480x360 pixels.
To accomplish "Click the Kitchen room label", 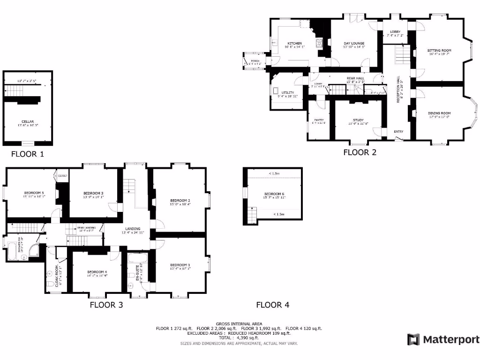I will pyautogui.click(x=295, y=43).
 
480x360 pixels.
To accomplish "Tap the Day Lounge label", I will pyautogui.click(x=354, y=43).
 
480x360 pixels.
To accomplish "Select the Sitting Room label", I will pyautogui.click(x=439, y=50).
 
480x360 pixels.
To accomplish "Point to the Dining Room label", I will pyautogui.click(x=439, y=113).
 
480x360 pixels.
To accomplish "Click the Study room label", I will pyautogui.click(x=358, y=120).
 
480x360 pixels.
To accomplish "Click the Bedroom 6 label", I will pyautogui.click(x=274, y=194).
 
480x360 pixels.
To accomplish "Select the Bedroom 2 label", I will pyautogui.click(x=180, y=201).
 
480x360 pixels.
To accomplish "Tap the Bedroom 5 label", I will pyautogui.click(x=34, y=193).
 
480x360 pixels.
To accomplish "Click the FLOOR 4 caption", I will pyautogui.click(x=272, y=305).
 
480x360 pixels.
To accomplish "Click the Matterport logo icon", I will pyautogui.click(x=413, y=339).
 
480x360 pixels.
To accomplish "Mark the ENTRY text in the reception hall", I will pyautogui.click(x=398, y=132).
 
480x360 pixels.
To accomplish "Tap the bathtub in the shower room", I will pyautogui.click(x=11, y=249).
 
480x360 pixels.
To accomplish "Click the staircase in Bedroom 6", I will pyautogui.click(x=252, y=216).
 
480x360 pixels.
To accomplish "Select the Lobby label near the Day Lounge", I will pyautogui.click(x=395, y=32).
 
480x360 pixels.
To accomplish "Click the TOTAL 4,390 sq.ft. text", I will pyautogui.click(x=239, y=337).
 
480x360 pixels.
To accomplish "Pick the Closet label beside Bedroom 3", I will pyautogui.click(x=63, y=176).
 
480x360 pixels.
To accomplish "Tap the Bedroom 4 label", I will pyautogui.click(x=97, y=272).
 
